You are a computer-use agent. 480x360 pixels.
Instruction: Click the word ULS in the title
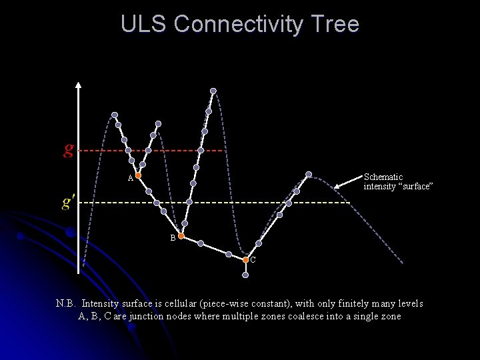click(x=144, y=24)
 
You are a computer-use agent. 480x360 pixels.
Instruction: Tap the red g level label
click(x=69, y=148)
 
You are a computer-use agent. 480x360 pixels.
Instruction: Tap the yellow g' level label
click(x=69, y=201)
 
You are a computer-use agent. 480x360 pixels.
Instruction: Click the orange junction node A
click(x=138, y=175)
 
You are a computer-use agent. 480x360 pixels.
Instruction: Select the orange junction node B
click(x=181, y=236)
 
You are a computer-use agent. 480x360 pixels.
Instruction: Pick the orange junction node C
click(x=245, y=259)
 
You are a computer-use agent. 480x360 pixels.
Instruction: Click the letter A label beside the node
click(x=131, y=179)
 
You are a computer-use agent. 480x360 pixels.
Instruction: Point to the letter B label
click(x=173, y=238)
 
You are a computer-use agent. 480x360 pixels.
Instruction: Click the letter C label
click(x=253, y=260)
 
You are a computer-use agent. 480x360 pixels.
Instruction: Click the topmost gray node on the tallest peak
click(x=213, y=91)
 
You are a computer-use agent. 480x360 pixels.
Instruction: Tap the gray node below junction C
click(x=246, y=275)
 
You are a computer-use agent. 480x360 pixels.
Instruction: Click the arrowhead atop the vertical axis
click(x=79, y=85)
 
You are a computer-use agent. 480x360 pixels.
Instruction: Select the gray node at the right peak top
click(x=309, y=175)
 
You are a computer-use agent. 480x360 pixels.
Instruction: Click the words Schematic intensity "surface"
click(x=398, y=181)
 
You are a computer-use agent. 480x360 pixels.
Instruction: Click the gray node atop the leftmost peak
click(x=115, y=115)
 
